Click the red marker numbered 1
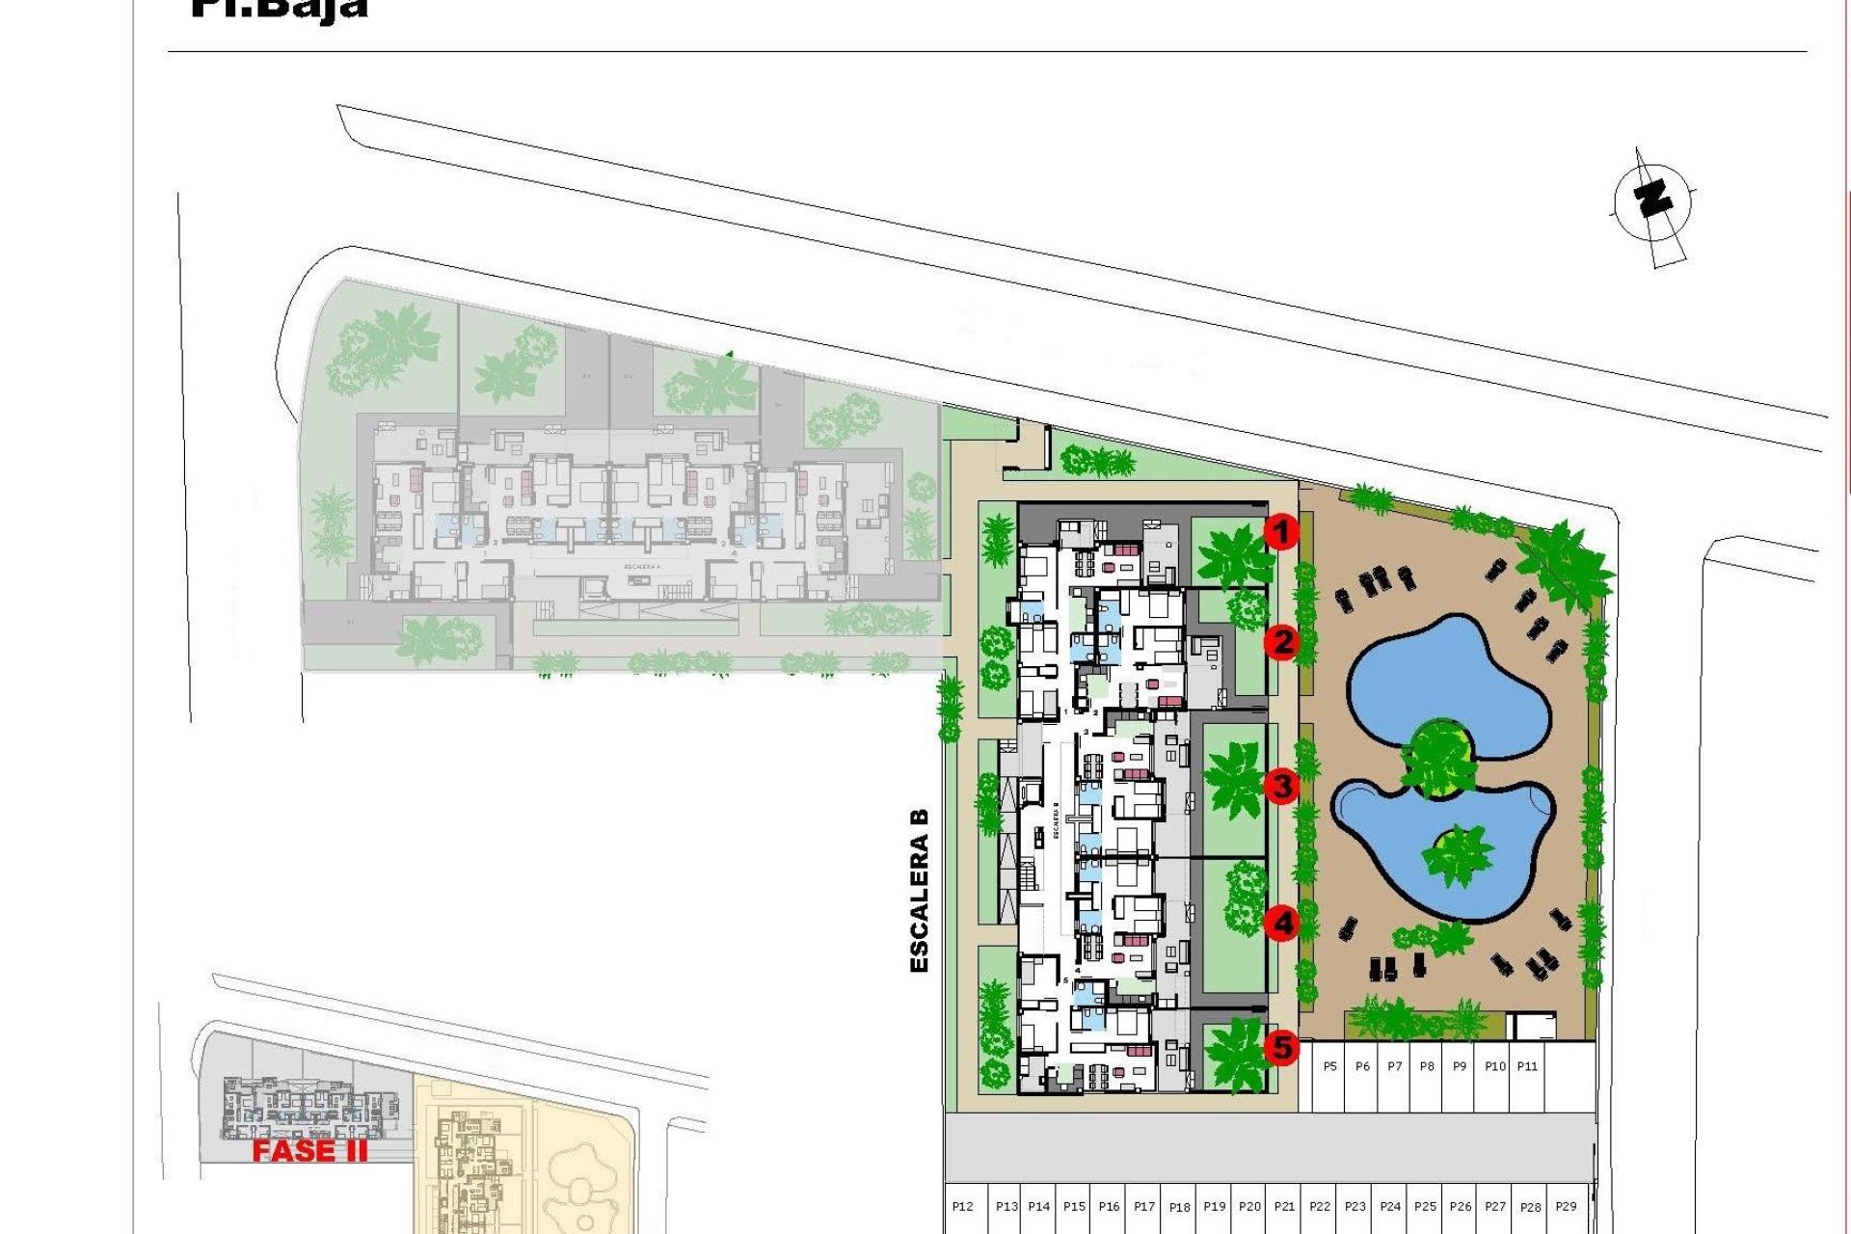(x=1281, y=531)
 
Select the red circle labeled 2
(x=1281, y=642)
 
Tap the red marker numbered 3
(x=1281, y=786)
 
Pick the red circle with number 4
(x=1281, y=924)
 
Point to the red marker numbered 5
(x=1281, y=1047)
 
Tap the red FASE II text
(x=309, y=1151)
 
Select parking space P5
(x=1329, y=1066)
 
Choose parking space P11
(x=1527, y=1066)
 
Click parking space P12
(x=962, y=1206)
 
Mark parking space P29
(x=1566, y=1206)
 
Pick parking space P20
(x=1249, y=1206)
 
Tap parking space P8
(x=1427, y=1066)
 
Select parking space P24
(x=1390, y=1206)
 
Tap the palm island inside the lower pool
(x=1456, y=854)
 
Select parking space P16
(x=1109, y=1206)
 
